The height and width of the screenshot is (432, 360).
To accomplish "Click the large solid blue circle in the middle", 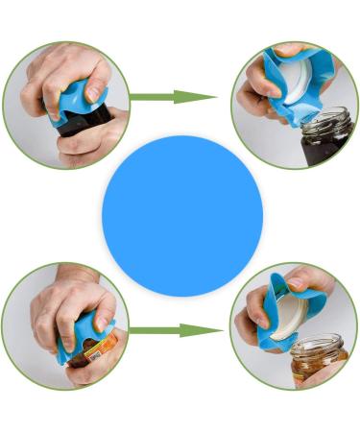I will pos(182,215).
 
